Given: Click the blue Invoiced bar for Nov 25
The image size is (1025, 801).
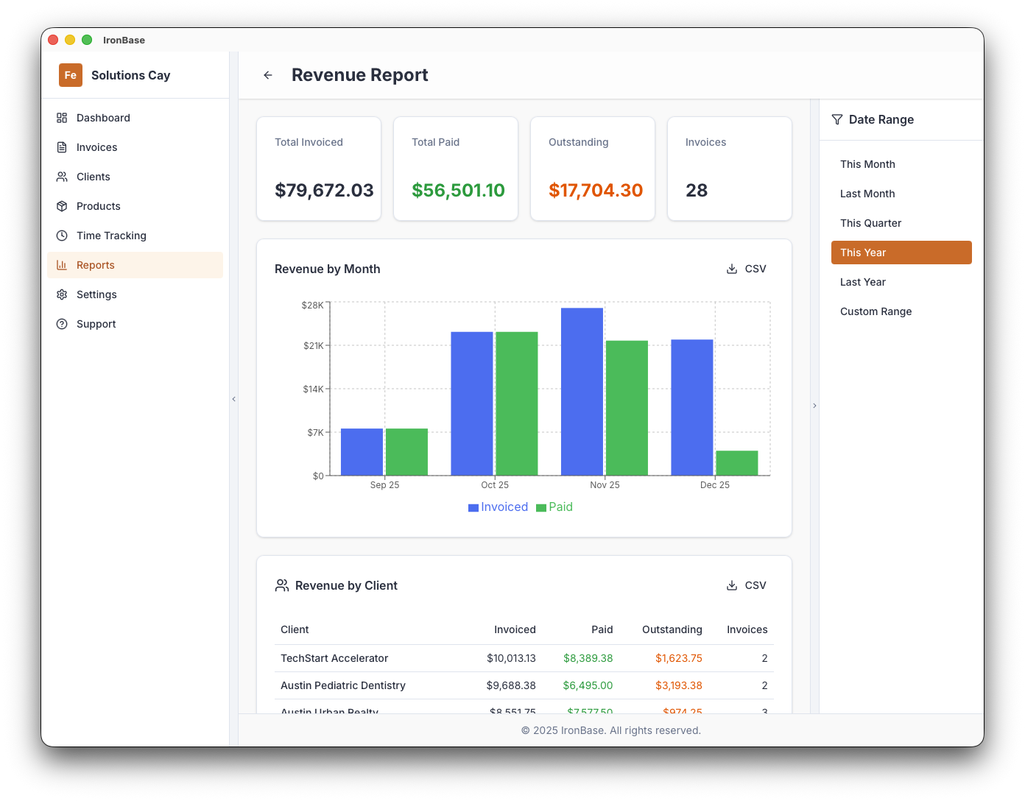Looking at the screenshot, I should (x=582, y=392).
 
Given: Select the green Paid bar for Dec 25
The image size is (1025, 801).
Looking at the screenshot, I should (x=736, y=463).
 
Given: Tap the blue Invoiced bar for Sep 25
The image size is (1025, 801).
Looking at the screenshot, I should (x=362, y=452).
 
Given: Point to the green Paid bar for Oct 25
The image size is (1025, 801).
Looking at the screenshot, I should (x=516, y=403).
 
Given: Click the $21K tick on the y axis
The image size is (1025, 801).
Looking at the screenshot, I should (x=314, y=345).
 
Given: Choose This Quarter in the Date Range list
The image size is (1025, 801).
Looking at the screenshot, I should (x=870, y=223).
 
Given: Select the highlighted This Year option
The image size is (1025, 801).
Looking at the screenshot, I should (x=901, y=253).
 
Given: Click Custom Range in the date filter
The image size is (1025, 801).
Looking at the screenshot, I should (x=876, y=311).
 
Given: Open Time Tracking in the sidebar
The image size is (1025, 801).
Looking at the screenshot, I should (x=111, y=236).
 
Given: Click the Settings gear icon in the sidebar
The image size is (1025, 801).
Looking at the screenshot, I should (x=62, y=294).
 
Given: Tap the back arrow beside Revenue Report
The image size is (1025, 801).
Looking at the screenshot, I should (x=268, y=75).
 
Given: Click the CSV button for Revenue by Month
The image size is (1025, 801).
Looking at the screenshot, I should (x=747, y=269).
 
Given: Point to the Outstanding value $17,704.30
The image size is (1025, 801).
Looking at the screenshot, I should (x=596, y=191).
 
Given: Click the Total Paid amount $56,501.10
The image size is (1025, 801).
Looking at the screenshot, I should (x=458, y=191).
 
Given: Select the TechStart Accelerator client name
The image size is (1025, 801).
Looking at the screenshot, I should (x=334, y=658).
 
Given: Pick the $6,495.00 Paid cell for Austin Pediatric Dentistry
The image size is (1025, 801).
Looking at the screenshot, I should (x=588, y=685).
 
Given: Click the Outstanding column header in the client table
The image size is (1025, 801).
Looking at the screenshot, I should (x=672, y=629).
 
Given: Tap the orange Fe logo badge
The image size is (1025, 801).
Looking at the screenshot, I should (x=71, y=75).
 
